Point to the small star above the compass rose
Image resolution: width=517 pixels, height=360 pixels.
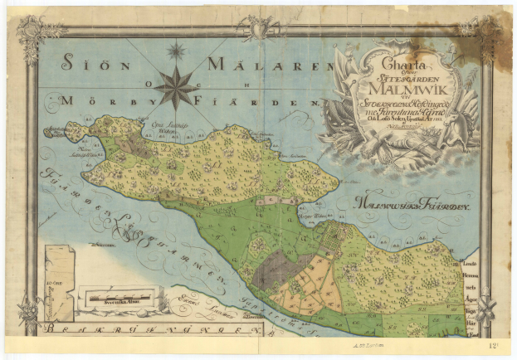point(176,51)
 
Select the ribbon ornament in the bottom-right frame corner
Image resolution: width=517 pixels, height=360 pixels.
point(483,311)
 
